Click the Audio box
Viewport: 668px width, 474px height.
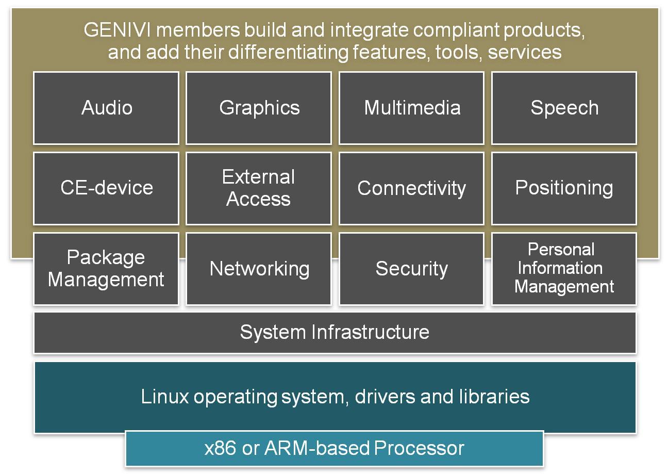point(106,108)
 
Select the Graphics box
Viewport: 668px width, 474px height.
point(259,108)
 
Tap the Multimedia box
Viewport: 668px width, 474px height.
point(411,108)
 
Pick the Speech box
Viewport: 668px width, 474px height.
point(564,108)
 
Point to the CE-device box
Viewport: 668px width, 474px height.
point(106,188)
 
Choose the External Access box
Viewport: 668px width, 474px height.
point(259,188)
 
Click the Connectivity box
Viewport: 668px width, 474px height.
point(411,188)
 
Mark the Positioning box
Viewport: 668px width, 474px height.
point(564,188)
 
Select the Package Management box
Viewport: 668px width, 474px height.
point(106,269)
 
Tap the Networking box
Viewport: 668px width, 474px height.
point(259,269)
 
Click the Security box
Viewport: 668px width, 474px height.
point(411,269)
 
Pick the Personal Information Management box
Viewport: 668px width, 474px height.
point(564,269)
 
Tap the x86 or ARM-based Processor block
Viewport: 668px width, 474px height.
point(335,448)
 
